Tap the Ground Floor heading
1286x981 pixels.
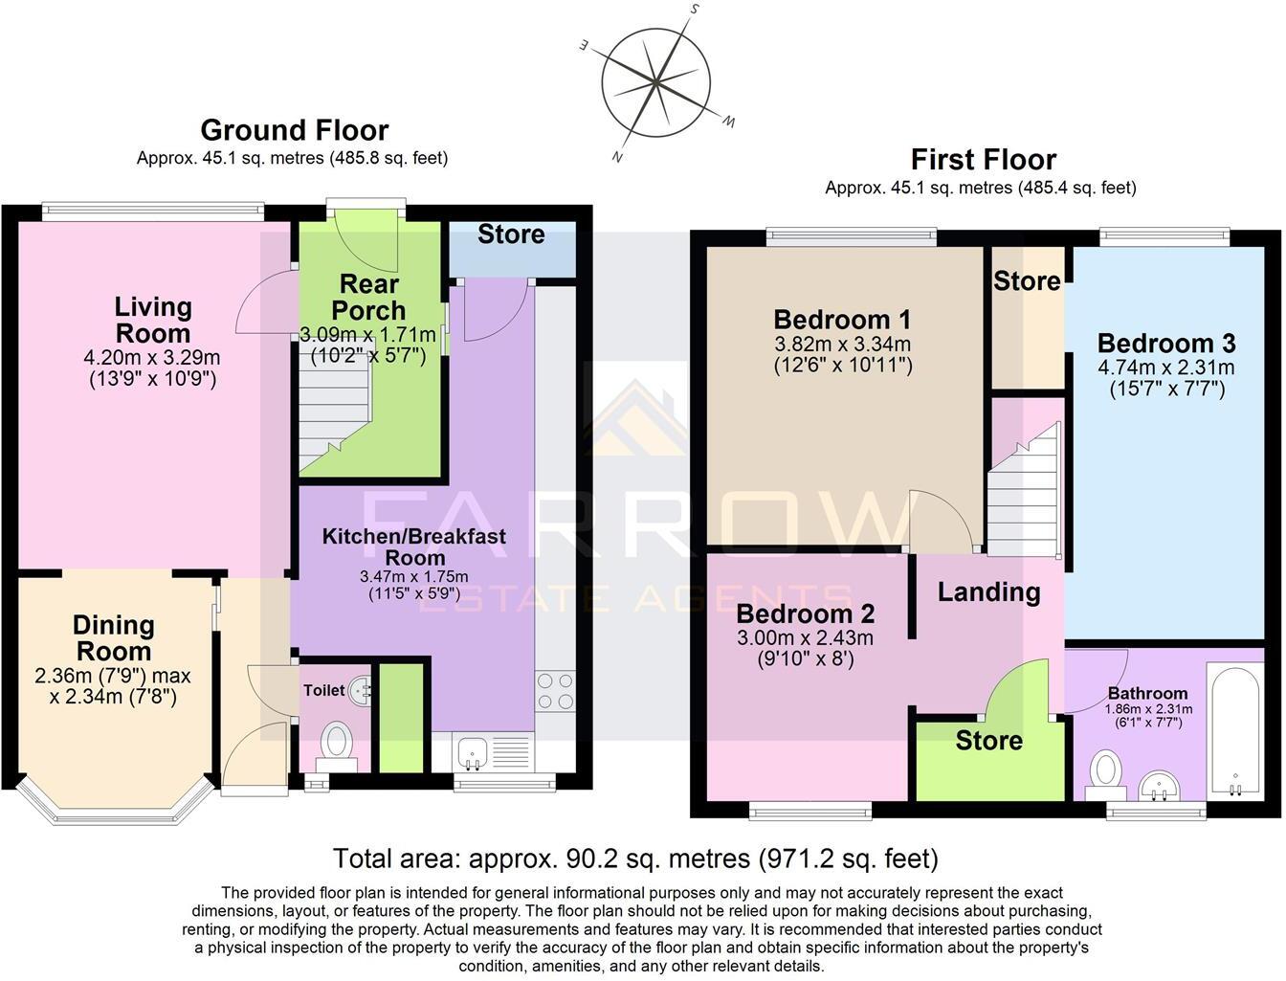coord(294,130)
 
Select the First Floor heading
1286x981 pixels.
coord(983,159)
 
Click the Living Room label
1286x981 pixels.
coord(153,320)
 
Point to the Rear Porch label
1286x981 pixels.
coord(368,297)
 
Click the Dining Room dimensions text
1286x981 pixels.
coord(113,686)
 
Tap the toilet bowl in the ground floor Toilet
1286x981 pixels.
coord(336,741)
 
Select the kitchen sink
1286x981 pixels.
coord(472,752)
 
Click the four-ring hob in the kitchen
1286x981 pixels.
coord(556,691)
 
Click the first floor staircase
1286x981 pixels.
coord(1023,490)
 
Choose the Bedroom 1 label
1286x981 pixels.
coord(842,319)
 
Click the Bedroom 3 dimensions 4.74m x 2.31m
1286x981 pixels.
coord(1165,368)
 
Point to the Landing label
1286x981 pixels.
coord(988,591)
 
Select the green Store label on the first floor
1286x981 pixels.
coord(988,741)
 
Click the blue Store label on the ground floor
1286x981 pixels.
coord(511,234)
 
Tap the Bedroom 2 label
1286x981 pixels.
coord(805,613)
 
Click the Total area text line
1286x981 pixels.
coord(635,858)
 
